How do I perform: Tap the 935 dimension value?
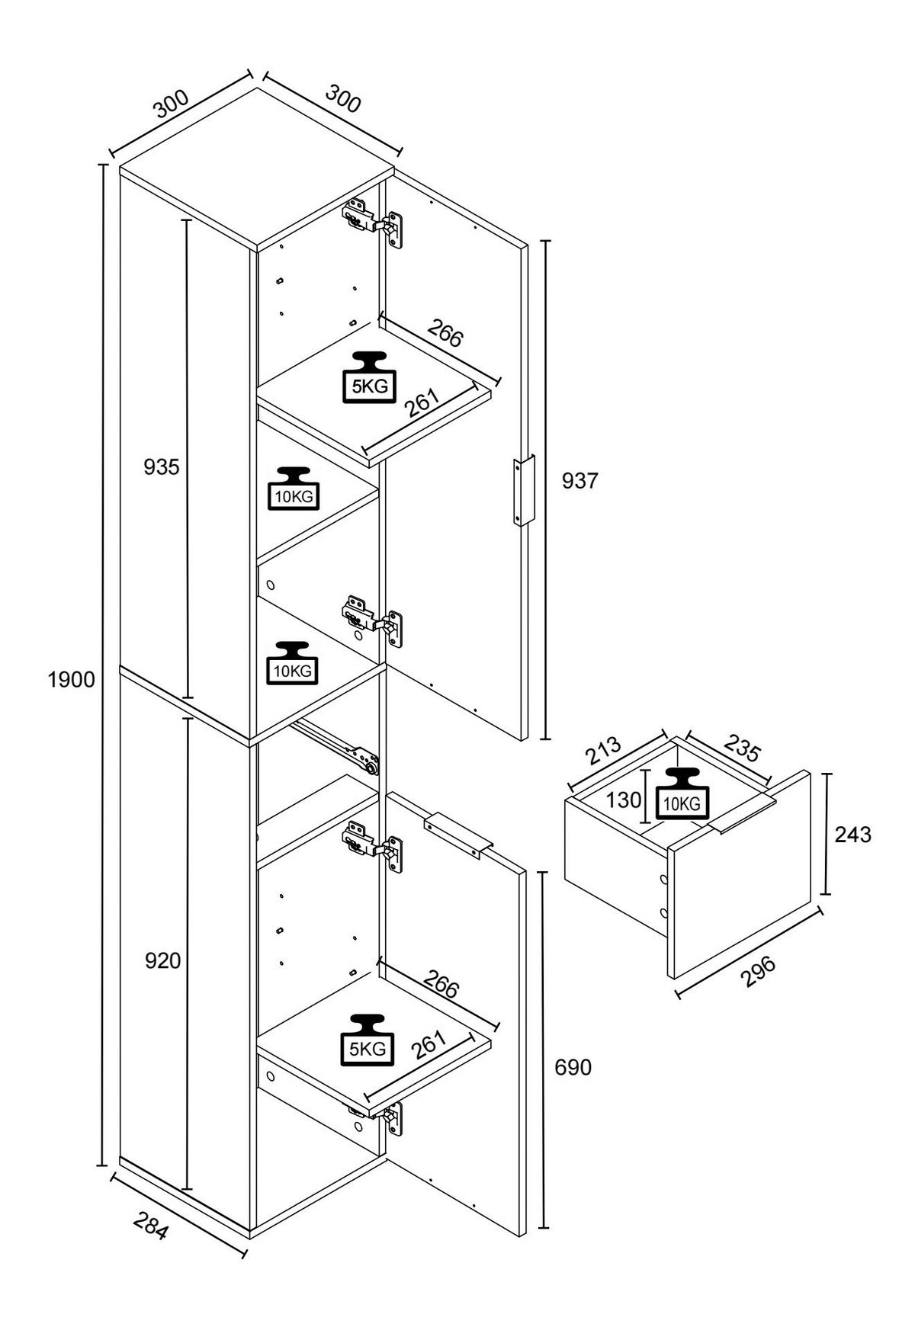[162, 466]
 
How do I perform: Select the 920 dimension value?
[163, 961]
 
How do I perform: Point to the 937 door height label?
[580, 481]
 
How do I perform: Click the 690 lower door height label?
[573, 1068]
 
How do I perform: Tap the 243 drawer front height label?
[852, 835]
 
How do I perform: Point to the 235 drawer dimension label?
[742, 748]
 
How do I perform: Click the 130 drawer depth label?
[624, 800]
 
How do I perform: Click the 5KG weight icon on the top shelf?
[369, 377]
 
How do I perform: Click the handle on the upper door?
[524, 491]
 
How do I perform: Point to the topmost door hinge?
[373, 223]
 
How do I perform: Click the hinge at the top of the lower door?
[373, 844]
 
